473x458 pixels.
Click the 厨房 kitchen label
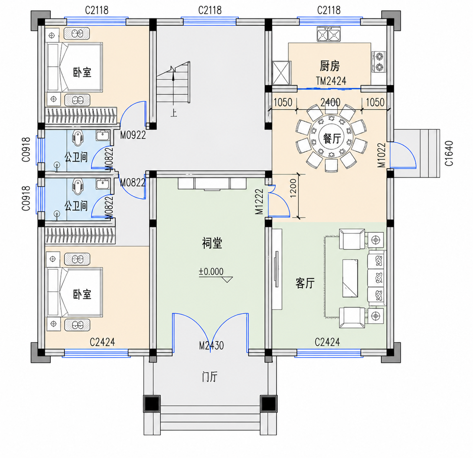[329, 66]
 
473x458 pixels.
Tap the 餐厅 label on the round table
[332, 139]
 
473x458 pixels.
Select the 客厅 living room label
[305, 283]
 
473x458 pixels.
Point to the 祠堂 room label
[212, 243]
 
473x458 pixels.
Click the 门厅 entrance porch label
[210, 377]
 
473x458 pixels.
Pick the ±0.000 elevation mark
[211, 271]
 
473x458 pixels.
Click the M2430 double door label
[211, 345]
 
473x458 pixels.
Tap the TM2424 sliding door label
[331, 81]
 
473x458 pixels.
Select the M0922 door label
[133, 135]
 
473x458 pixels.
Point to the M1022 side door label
[382, 155]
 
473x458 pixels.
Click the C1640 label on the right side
[449, 153]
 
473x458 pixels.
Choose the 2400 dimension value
[330, 102]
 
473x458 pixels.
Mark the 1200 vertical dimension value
[293, 188]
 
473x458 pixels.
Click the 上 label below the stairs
[173, 113]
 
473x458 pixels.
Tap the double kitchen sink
[329, 34]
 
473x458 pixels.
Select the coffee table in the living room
[350, 278]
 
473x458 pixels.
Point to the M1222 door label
[259, 202]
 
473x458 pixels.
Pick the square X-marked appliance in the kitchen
[281, 73]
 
